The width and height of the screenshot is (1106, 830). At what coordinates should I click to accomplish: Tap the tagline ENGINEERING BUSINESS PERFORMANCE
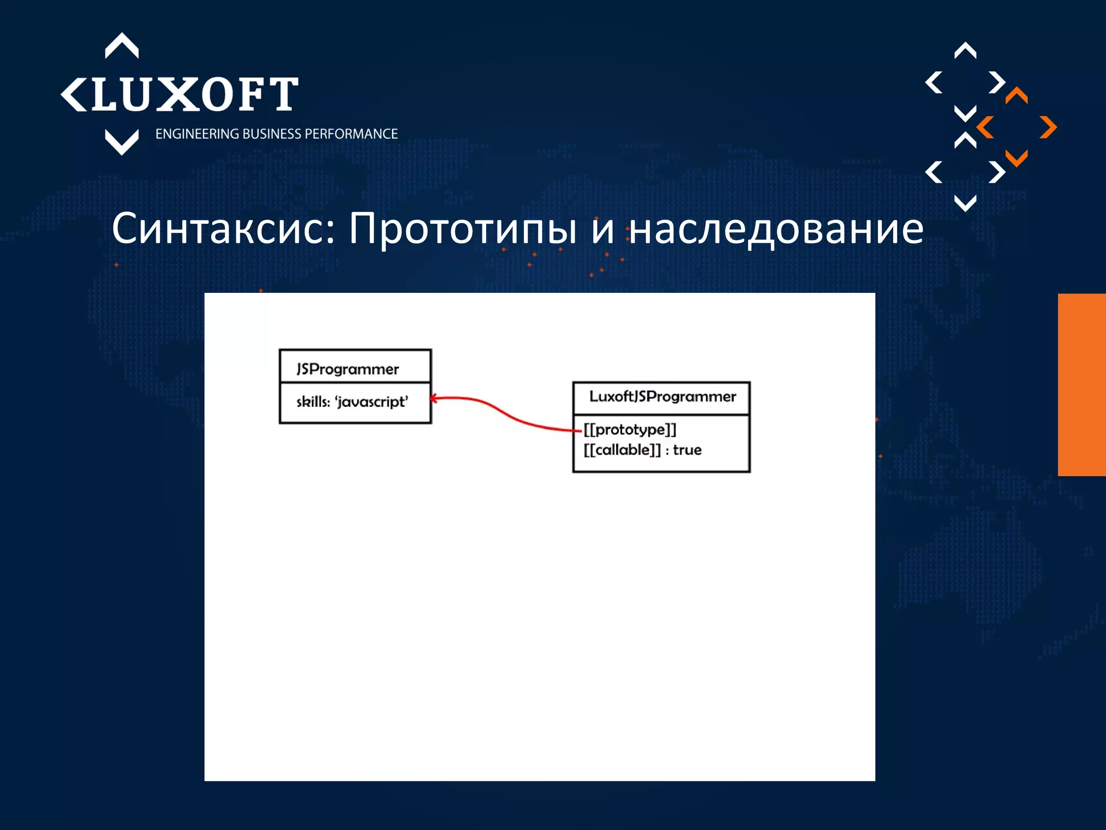click(x=276, y=134)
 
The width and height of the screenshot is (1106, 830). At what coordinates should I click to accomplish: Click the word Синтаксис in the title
click(x=224, y=229)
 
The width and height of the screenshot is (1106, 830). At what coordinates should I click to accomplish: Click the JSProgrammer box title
click(x=347, y=369)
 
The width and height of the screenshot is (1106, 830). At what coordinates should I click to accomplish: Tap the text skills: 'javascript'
click(x=352, y=402)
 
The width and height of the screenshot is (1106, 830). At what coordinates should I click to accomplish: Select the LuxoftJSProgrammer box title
click(x=663, y=397)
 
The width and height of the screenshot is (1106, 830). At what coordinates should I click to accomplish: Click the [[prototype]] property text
click(x=630, y=430)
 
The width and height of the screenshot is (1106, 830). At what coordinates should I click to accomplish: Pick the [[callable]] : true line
click(x=642, y=450)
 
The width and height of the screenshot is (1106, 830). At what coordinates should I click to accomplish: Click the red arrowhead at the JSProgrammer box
click(x=434, y=399)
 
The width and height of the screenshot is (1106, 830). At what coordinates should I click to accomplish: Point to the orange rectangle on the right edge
click(x=1082, y=385)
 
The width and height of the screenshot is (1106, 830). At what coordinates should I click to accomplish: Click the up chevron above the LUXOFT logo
click(x=122, y=45)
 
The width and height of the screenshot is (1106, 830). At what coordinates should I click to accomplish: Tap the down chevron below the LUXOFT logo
click(x=122, y=143)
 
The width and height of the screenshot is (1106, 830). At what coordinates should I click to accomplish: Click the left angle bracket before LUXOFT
click(x=73, y=95)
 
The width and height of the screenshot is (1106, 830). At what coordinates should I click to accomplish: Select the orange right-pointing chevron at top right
click(x=1048, y=128)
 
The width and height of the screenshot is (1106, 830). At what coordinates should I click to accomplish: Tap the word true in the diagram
click(x=687, y=450)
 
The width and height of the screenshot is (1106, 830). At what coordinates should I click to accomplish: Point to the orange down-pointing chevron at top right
click(x=1016, y=158)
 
